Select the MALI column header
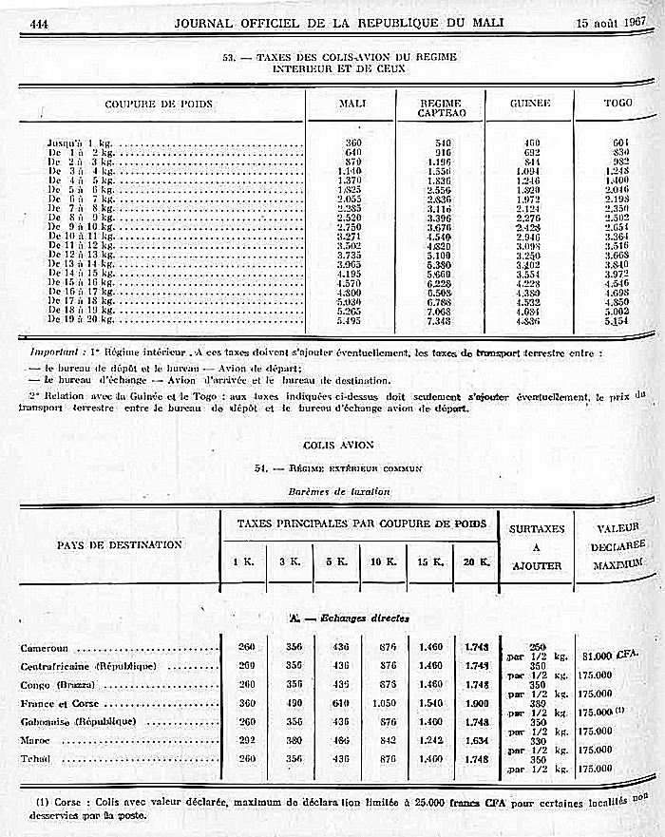pos(352,104)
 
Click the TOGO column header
pos(617,103)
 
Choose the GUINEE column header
pos(530,103)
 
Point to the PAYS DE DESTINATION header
pos(118,544)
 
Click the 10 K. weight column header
pos(383,561)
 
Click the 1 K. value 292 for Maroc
pos(243,740)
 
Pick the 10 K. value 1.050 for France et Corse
pos(383,703)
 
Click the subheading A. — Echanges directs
pos(349,618)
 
